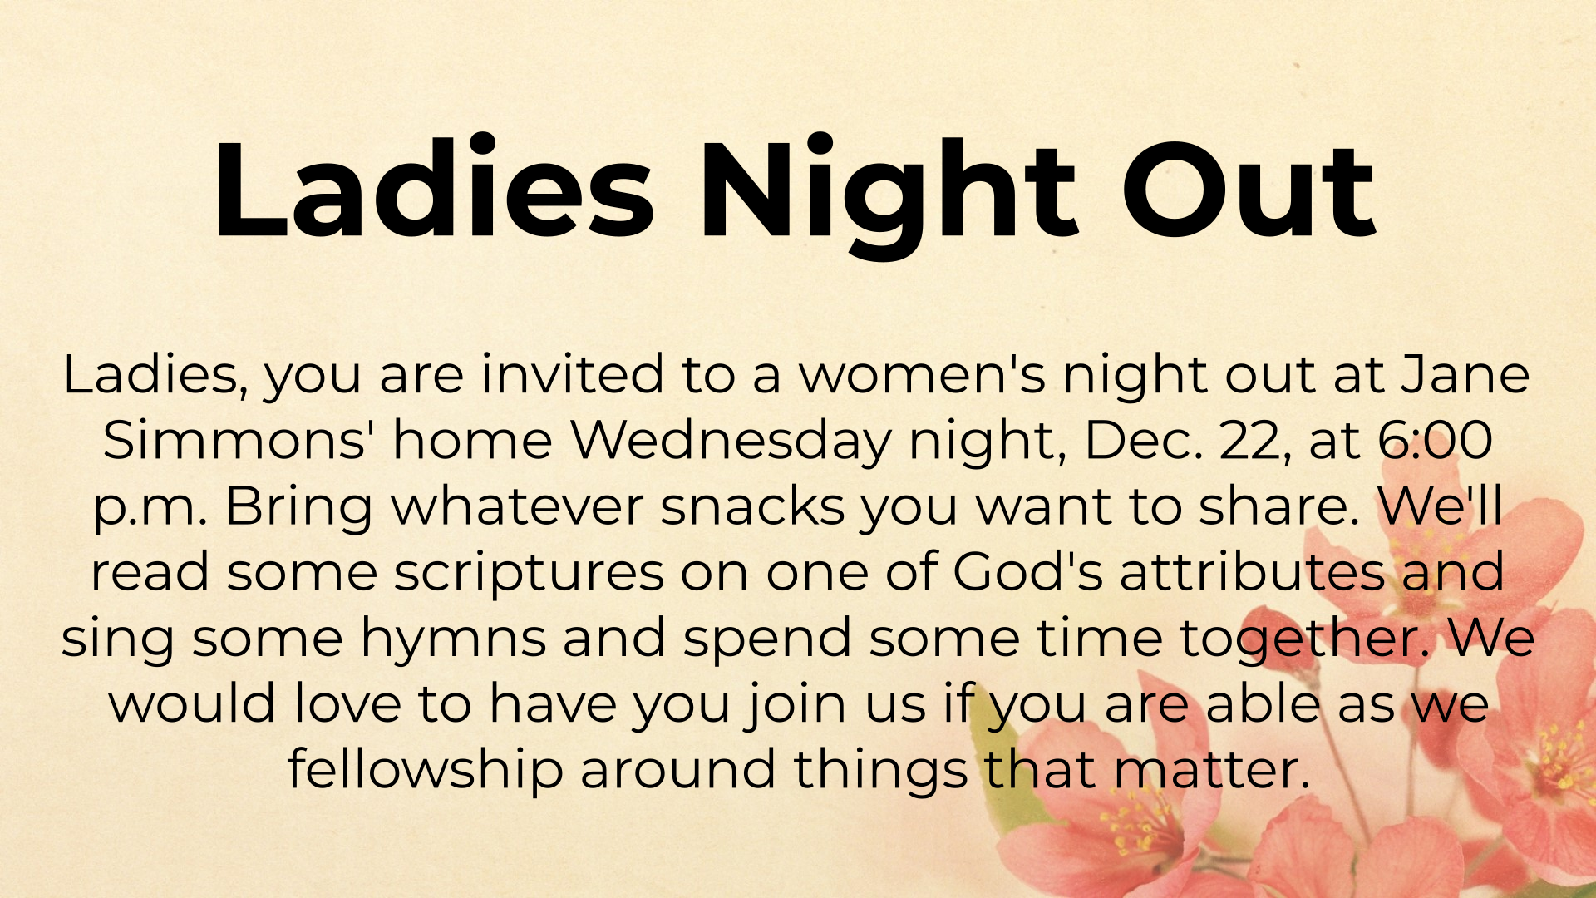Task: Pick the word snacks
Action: [752, 506]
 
